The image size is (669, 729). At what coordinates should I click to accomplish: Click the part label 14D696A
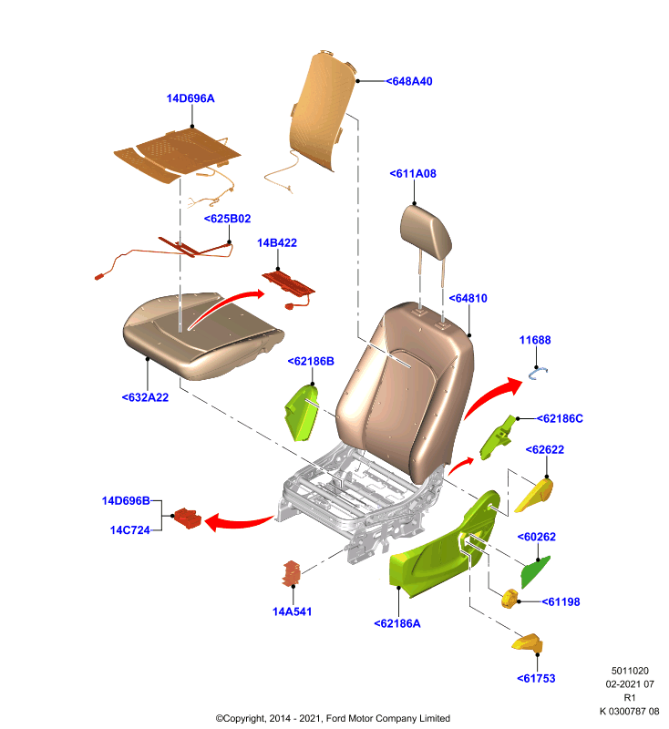[190, 98]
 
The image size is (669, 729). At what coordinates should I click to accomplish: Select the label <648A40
[409, 81]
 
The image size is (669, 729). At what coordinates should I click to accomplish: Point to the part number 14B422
[277, 242]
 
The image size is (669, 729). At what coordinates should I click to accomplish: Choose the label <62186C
[560, 418]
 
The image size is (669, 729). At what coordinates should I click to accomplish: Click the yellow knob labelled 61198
[510, 598]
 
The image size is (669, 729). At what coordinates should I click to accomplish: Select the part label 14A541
[292, 611]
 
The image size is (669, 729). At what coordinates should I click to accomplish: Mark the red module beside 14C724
[188, 519]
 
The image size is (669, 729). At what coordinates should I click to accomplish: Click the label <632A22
[145, 397]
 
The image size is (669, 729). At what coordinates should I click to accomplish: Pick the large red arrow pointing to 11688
[493, 396]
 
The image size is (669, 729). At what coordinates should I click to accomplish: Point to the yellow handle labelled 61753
[528, 643]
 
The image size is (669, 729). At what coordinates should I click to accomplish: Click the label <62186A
[397, 623]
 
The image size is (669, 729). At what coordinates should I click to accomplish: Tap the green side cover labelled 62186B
[302, 413]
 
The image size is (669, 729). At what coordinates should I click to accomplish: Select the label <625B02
[227, 219]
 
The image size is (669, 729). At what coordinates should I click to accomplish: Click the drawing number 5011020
[630, 671]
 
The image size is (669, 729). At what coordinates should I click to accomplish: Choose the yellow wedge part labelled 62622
[535, 496]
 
